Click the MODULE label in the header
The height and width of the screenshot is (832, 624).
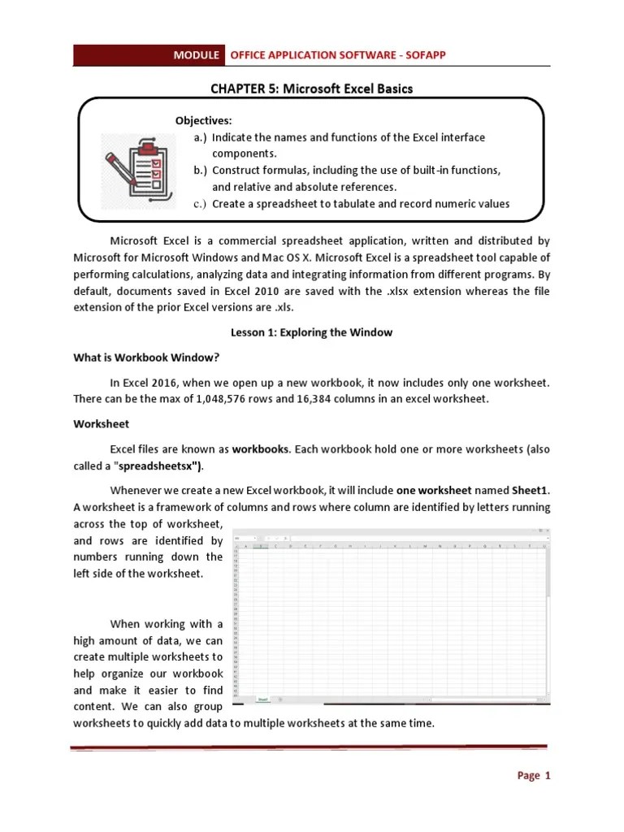tap(196, 55)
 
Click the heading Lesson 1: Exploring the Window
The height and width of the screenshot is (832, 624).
tap(311, 332)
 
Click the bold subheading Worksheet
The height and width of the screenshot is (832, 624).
tap(101, 424)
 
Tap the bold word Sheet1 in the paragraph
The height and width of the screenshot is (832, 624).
tap(531, 491)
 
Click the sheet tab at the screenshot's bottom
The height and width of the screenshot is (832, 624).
tap(262, 699)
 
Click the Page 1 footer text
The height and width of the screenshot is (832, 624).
tap(534, 776)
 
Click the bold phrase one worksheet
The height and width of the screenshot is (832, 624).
tap(434, 491)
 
